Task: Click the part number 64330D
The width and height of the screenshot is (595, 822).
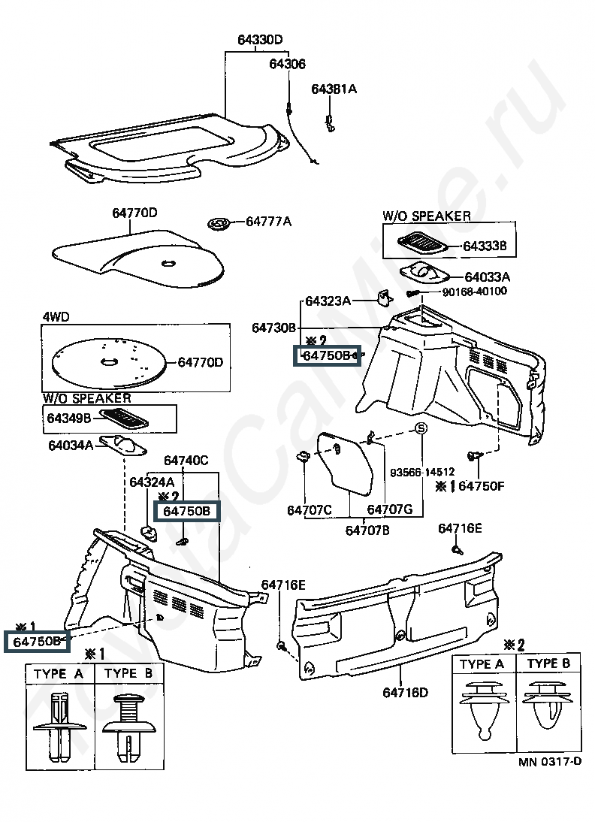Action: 260,40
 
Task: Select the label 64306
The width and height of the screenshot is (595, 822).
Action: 287,63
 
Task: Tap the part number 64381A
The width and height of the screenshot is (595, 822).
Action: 334,89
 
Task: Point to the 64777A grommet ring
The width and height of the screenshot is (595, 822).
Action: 220,223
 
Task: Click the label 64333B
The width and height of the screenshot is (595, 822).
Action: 485,246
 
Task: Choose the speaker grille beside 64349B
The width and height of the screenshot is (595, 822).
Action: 123,418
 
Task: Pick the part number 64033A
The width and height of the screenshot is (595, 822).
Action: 488,277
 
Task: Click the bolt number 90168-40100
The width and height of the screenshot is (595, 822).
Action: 475,292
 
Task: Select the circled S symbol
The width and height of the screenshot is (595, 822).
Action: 421,428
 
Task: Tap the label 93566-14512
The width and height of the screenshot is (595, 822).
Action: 422,472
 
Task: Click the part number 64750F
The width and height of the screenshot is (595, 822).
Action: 482,486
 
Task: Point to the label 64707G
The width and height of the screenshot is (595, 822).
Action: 389,509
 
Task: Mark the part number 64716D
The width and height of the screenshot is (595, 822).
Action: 405,693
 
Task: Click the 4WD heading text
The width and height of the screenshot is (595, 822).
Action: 56,316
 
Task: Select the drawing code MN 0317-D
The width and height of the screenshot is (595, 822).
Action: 550,762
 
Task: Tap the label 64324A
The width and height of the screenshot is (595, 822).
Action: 152,482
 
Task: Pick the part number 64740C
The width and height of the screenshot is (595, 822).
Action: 186,461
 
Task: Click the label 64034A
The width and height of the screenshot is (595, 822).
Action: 71,446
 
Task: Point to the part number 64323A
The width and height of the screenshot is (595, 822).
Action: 328,301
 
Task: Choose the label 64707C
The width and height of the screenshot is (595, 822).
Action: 310,509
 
